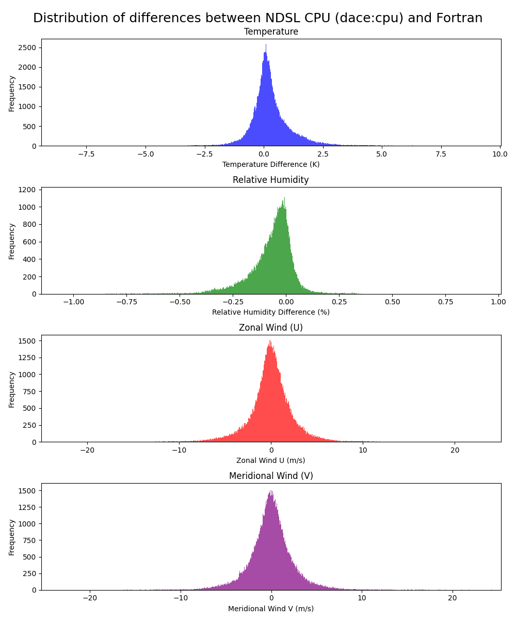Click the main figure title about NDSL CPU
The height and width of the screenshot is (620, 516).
pos(258,18)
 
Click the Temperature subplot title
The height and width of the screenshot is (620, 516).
pos(271,32)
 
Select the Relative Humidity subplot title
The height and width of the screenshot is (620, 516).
pos(271,180)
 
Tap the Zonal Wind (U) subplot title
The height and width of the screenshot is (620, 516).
pos(271,328)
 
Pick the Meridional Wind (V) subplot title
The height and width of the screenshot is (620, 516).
pos(271,476)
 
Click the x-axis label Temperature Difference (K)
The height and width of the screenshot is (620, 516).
pos(271,164)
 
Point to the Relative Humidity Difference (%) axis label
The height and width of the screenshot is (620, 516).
pos(271,312)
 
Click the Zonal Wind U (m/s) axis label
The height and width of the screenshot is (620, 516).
pos(271,460)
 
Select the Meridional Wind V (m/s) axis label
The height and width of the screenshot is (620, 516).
pos(271,608)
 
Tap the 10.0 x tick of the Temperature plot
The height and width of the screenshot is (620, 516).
pos(500,154)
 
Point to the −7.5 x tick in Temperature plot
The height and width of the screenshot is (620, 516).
pos(86,154)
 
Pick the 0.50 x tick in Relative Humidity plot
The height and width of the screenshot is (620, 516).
pos(392,302)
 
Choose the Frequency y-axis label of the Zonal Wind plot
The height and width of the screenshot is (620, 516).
pos(11,389)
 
